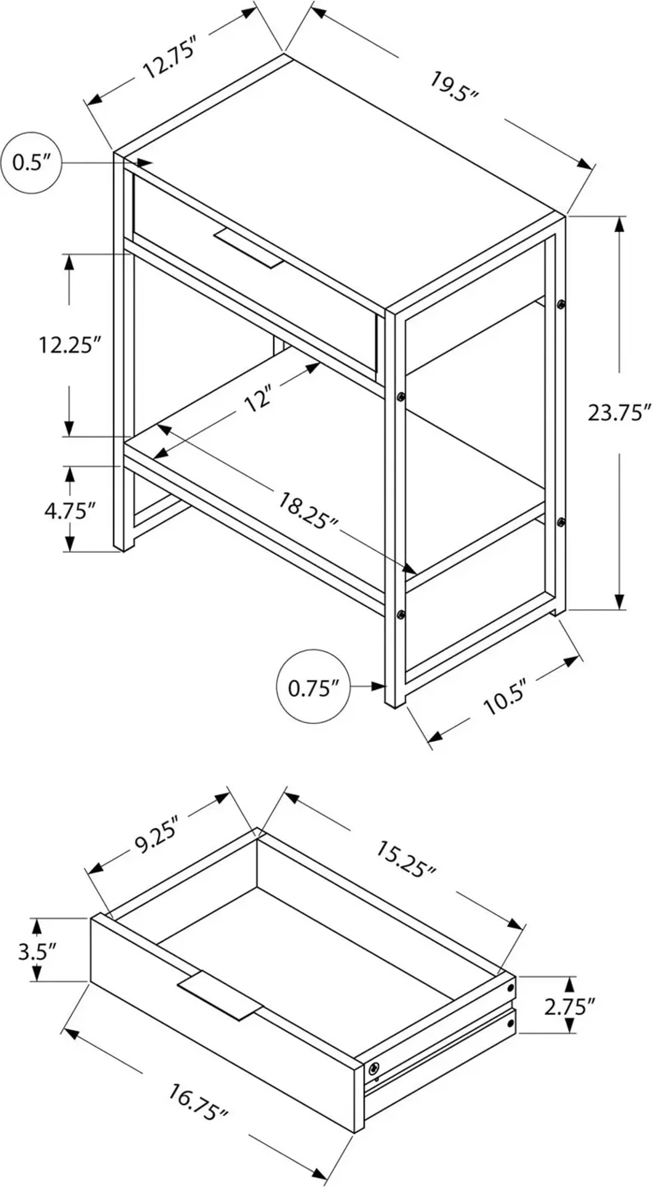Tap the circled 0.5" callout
[31, 163]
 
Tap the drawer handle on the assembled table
[248, 248]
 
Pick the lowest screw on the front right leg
[401, 614]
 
